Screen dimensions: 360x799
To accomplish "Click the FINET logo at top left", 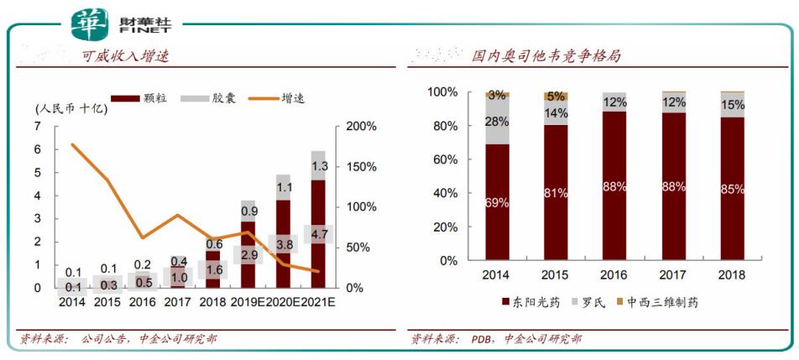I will coord(109,23).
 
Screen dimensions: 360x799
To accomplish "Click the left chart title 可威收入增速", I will coord(125,56).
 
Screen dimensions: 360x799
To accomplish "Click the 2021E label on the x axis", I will coord(318,303).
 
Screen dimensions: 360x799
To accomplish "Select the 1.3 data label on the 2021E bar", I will coord(319,166).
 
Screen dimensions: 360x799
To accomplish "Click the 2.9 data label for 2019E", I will coord(248,254).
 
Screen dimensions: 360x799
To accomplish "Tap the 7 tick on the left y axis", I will coord(38,126).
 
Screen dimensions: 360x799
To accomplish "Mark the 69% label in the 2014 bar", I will coord(497,202).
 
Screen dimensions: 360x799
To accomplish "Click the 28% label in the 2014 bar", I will coord(497,123).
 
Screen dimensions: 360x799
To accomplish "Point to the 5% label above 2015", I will coord(555,95).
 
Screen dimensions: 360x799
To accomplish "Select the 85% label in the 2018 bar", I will coord(732,189).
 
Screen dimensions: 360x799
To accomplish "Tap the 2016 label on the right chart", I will coord(614,274).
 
